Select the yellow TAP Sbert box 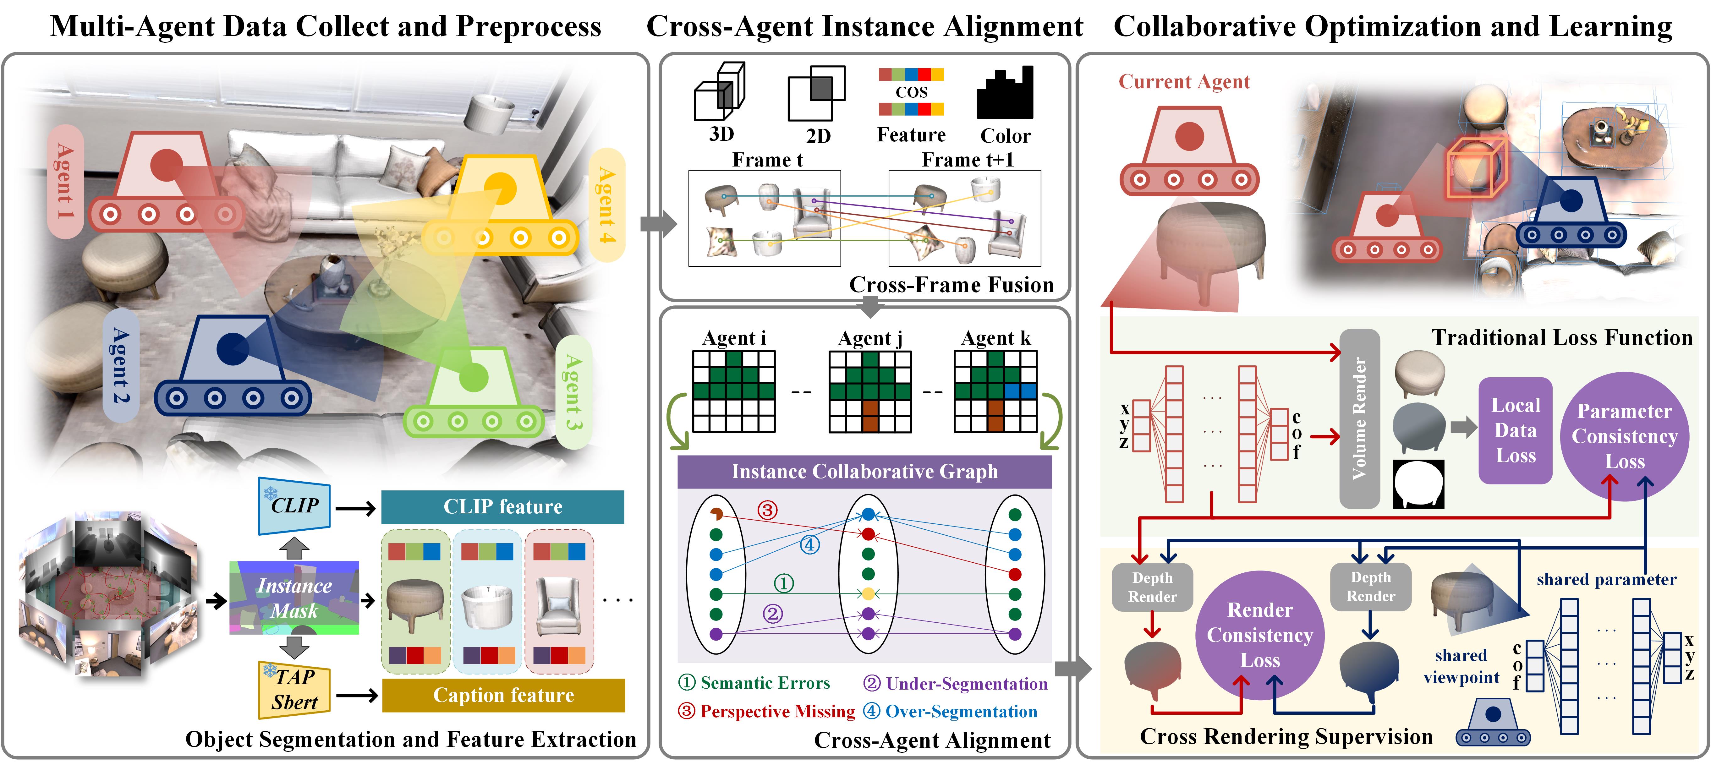tap(294, 689)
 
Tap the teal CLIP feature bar tap(503, 507)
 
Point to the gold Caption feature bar tap(503, 695)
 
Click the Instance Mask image tap(294, 598)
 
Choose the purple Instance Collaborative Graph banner tap(864, 472)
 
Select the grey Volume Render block tap(1360, 418)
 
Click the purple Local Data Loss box tap(1515, 430)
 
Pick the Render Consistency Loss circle tap(1260, 635)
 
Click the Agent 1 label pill tap(65, 181)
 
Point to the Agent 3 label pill tap(573, 392)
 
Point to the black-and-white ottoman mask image tap(1418, 484)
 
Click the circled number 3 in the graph tap(767, 510)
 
